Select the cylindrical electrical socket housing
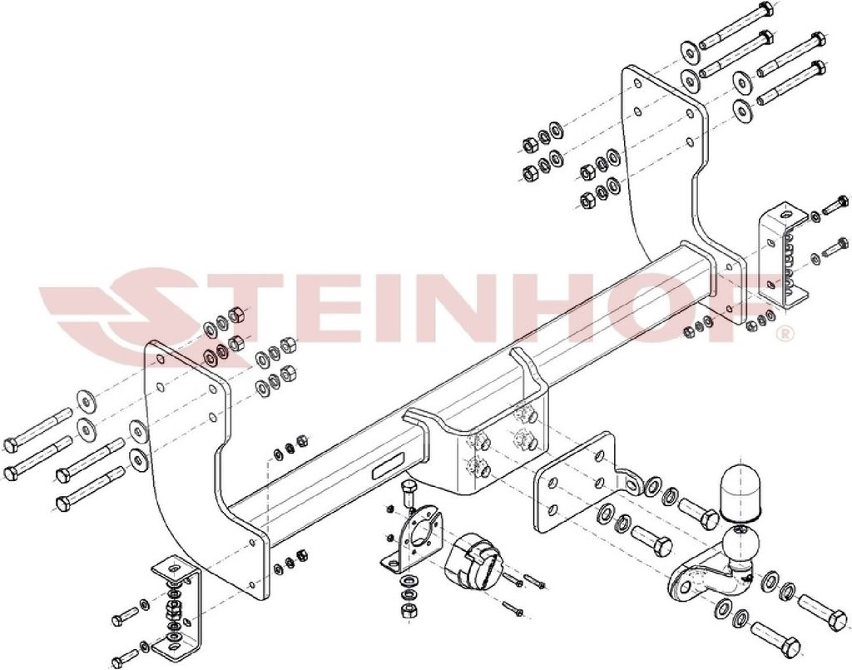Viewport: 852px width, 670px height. tap(471, 559)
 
